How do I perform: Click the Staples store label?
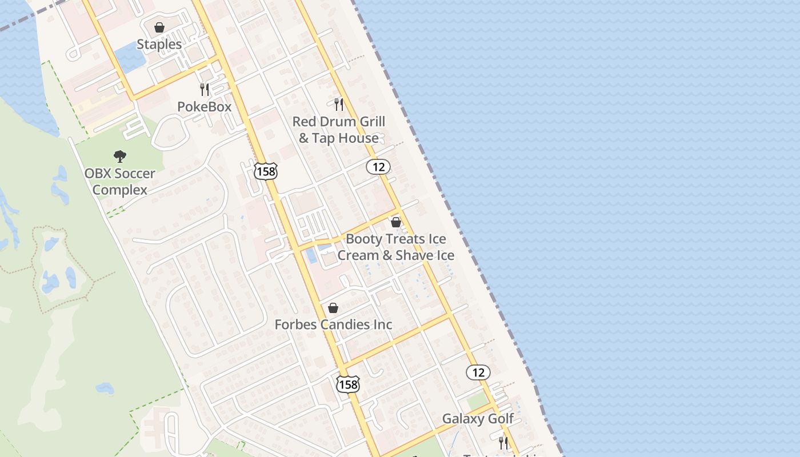159,44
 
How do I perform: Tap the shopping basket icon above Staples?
159,27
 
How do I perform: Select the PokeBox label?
204,106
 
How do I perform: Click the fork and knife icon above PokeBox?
205,89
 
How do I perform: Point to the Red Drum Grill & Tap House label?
339,130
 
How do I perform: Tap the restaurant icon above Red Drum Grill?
339,104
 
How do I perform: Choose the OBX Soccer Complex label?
119,181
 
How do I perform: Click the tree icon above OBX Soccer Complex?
119,156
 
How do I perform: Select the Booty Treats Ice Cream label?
396,247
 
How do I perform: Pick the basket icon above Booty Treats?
396,222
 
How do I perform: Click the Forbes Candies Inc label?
333,324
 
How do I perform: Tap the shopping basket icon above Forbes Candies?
333,308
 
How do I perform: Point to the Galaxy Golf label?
478,419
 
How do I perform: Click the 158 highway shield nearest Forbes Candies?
348,384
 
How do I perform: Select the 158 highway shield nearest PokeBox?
266,171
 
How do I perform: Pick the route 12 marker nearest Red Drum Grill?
378,167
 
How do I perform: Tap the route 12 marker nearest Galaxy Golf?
478,372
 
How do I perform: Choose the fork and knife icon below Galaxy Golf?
503,443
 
